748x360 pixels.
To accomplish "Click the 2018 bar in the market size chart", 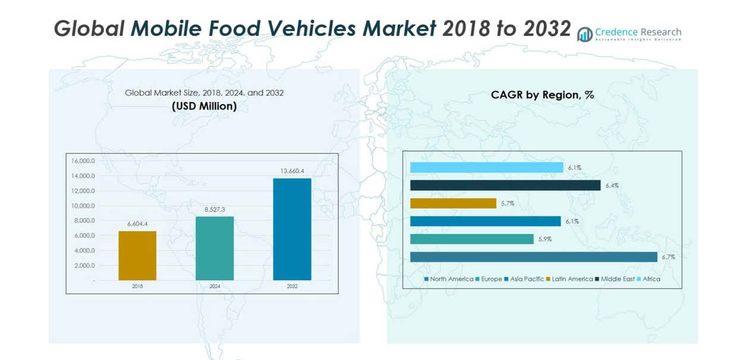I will point(137,255).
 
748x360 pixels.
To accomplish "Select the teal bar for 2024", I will point(214,248).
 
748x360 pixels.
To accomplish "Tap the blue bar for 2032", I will point(292,229).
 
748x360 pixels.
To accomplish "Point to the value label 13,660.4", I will point(292,171).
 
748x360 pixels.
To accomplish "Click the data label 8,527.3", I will point(214,209).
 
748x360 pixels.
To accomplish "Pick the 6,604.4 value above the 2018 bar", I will point(137,224).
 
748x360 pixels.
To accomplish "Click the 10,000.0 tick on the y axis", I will point(83,206).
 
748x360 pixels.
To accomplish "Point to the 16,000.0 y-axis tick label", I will point(83,161).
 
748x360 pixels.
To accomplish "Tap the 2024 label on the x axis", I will point(215,286).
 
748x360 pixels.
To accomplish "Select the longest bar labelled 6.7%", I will point(533,257).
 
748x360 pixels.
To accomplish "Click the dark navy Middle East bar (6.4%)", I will point(505,186).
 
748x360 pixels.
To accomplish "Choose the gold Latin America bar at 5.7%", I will point(453,204).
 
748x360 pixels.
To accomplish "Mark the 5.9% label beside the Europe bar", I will point(545,239).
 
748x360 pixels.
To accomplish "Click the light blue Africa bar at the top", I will point(486,168).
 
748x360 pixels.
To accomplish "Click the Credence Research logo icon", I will point(585,35).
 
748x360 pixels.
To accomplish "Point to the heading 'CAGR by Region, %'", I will point(542,95).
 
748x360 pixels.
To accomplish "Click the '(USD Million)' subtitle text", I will point(204,107).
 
